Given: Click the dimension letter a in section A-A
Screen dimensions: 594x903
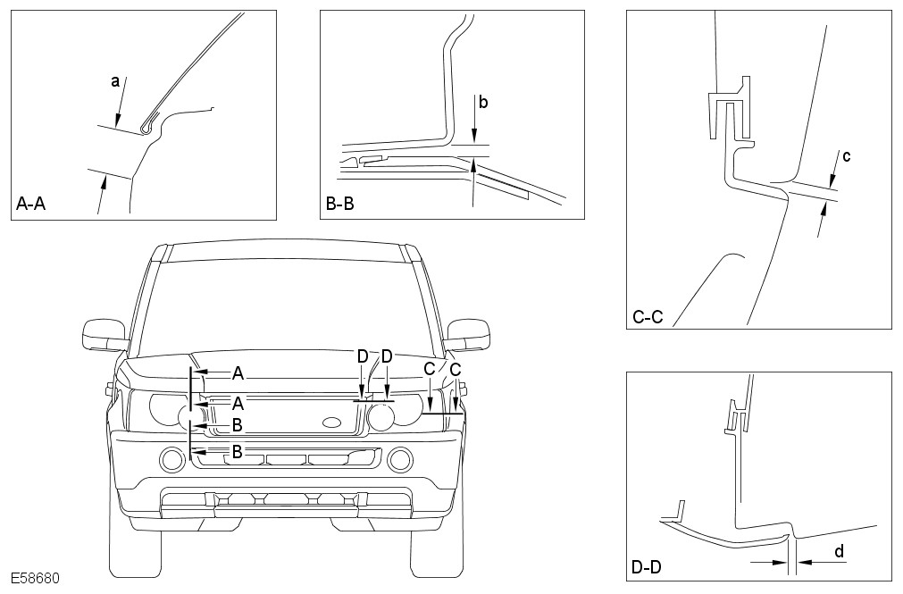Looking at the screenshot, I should click(115, 81).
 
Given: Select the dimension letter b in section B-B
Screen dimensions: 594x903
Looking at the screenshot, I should click(482, 102).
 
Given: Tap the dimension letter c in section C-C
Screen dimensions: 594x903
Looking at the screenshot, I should click(846, 157).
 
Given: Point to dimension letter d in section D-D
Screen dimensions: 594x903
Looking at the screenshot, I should click(839, 552).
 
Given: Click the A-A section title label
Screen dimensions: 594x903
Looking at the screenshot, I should click(31, 205).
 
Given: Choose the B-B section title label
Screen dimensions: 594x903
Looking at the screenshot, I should click(340, 205).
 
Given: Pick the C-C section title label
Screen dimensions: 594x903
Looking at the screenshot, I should click(648, 316).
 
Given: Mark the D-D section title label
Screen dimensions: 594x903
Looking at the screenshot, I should click(648, 566).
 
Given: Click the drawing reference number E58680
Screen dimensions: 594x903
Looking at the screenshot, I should click(36, 579).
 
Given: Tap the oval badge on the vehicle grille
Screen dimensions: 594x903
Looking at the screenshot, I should click(330, 422).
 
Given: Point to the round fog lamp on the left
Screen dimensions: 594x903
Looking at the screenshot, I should click(171, 460).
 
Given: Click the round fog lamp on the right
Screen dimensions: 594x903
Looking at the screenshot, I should click(400, 460).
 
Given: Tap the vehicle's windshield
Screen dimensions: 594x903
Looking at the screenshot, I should click(286, 304).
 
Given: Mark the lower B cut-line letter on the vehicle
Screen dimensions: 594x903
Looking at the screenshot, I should click(238, 451).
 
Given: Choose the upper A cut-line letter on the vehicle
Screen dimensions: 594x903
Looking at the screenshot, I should click(238, 372).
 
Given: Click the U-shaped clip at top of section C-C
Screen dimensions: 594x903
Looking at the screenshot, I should click(729, 112).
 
